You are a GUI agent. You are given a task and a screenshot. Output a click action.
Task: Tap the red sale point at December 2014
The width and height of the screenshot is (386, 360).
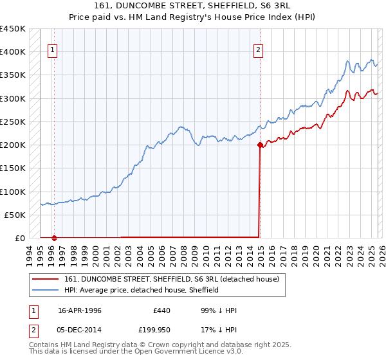click(259, 145)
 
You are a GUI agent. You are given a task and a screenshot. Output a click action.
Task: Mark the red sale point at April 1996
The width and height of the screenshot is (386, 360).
click(54, 238)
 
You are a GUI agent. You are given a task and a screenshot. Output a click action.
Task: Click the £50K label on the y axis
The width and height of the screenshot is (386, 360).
click(15, 215)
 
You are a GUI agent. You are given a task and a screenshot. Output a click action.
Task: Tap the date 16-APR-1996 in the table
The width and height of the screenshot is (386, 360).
click(80, 310)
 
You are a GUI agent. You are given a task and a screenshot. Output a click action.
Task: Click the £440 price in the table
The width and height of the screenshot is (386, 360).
click(161, 310)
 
